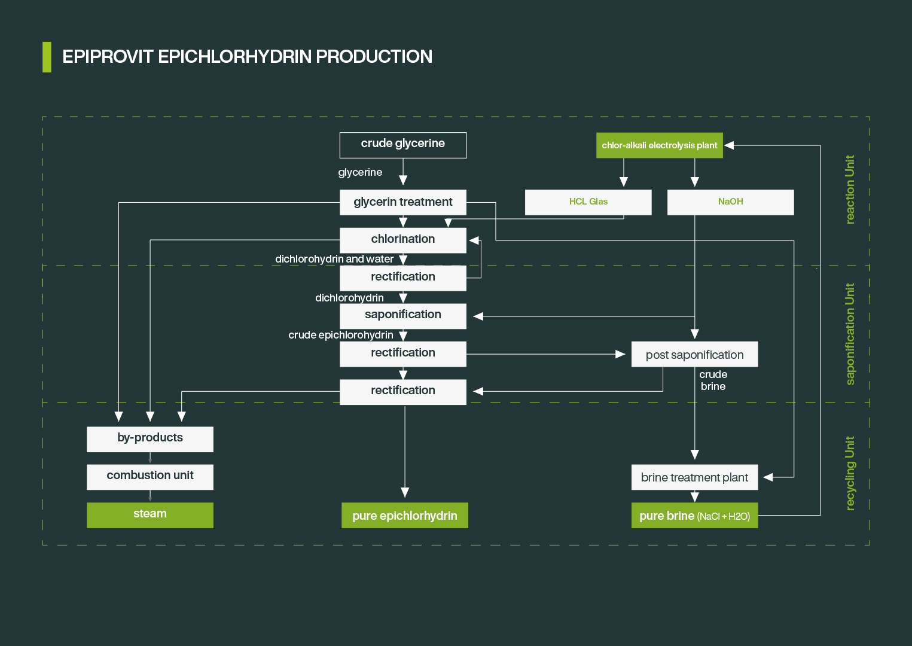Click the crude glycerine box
(x=402, y=145)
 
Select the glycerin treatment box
(x=402, y=202)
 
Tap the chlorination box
(x=402, y=240)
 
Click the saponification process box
(x=402, y=315)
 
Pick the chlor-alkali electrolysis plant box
(x=659, y=145)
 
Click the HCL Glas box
(x=588, y=202)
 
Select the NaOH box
(x=730, y=202)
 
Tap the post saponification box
(x=694, y=354)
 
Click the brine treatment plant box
(x=694, y=477)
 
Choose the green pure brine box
(x=694, y=516)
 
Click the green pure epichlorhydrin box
(x=404, y=516)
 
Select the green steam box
(x=150, y=515)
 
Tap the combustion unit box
(x=150, y=477)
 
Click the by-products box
(x=150, y=439)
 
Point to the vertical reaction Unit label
(x=850, y=190)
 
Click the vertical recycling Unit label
(x=850, y=473)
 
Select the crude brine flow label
(x=713, y=380)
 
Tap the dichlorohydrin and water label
(x=334, y=259)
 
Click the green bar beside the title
(x=47, y=57)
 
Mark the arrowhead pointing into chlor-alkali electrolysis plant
(x=729, y=145)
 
